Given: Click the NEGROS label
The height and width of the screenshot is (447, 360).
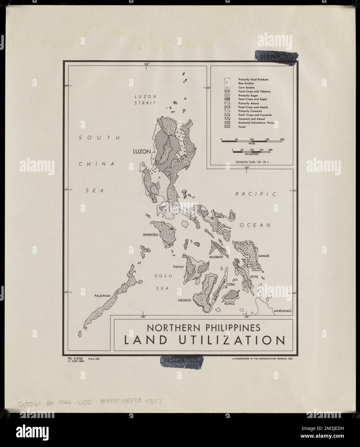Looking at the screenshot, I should click(x=184, y=300).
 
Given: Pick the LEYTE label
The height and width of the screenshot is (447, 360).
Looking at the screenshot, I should click(x=254, y=277).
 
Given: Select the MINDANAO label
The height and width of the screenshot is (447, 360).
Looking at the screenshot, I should click(x=282, y=311).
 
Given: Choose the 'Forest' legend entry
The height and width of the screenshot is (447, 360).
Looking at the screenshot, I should click(x=242, y=127).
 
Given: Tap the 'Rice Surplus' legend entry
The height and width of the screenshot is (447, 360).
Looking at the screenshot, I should click(x=246, y=83).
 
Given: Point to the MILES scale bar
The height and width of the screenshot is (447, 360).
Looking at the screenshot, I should click(x=252, y=141).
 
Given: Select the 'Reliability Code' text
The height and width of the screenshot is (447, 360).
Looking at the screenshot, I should click(x=252, y=162).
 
